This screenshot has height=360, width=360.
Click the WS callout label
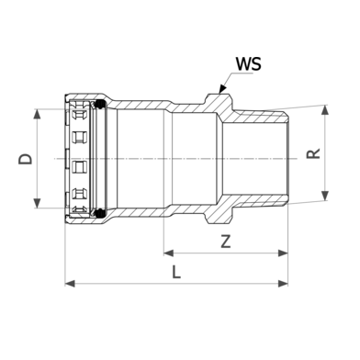pos(248,64)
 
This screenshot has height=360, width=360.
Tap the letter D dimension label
pos(26,159)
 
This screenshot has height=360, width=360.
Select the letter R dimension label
pos(313,153)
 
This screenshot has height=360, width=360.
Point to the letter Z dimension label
pos(226,242)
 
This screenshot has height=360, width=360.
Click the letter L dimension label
pos(176,272)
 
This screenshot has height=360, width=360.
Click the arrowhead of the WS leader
pos(222,89)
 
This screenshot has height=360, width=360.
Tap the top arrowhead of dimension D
pos(37,114)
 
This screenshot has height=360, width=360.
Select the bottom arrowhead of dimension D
pos(37,203)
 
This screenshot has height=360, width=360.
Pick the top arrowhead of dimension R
pos(325,110)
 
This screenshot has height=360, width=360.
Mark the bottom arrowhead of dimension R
pos(325,196)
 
